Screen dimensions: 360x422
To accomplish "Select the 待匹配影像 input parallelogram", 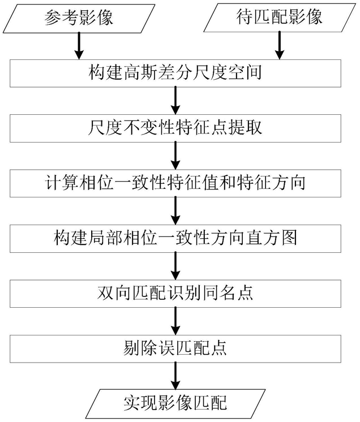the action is [280, 18].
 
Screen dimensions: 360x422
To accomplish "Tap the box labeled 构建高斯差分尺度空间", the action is [175, 73].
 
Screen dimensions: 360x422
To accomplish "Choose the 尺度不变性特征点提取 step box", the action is [175, 128].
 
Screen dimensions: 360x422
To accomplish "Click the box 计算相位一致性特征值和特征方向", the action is [175, 183].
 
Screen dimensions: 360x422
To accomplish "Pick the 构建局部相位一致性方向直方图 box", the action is [175, 239].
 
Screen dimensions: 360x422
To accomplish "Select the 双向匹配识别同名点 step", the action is [175, 294].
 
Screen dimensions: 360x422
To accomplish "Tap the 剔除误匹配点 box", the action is [175, 349].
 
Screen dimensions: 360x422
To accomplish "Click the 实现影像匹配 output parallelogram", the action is [175, 404].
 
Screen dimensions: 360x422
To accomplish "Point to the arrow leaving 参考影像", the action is [79, 46].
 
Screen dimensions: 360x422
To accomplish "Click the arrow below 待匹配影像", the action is [280, 45].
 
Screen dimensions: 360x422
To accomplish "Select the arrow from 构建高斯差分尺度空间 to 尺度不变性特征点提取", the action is [175, 101].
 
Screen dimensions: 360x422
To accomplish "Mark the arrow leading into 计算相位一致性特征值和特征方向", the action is [175, 156].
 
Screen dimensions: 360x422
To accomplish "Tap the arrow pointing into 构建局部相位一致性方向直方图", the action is [175, 211].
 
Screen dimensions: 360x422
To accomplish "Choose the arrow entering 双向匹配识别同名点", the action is [175, 266].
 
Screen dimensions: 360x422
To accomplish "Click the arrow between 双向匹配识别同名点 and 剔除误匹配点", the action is [175, 321].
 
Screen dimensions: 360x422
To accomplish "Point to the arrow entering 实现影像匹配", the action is [175, 376].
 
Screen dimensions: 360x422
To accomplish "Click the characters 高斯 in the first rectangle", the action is [140, 73].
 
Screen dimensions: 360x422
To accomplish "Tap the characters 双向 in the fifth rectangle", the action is [114, 294].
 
